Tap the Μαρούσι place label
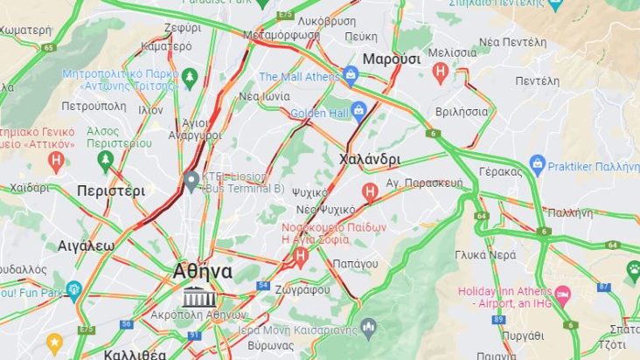click(392, 59)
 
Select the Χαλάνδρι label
click(369, 160)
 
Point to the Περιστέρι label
click(110, 190)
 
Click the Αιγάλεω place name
click(87, 246)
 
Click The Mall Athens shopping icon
click(351, 76)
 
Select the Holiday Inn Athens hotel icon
click(562, 291)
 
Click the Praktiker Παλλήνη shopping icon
click(538, 163)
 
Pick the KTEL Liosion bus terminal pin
click(191, 181)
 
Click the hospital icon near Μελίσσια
click(441, 72)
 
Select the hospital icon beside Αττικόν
click(57, 160)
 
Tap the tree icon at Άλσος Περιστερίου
click(107, 160)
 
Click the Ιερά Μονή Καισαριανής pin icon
click(368, 329)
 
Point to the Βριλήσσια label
click(462, 112)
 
